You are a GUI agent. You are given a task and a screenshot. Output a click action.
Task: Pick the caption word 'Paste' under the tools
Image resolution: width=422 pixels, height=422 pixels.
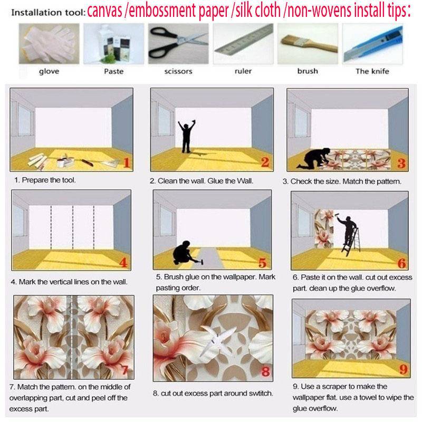[113, 71]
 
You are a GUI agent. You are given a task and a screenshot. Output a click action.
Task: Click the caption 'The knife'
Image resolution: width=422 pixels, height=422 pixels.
[372, 71]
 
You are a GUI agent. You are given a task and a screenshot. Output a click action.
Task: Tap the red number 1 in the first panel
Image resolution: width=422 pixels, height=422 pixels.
[126, 162]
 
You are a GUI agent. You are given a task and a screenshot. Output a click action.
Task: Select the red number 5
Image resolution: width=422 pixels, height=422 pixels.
[262, 262]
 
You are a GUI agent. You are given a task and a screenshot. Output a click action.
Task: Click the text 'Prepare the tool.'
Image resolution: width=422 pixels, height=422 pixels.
[46, 180]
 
